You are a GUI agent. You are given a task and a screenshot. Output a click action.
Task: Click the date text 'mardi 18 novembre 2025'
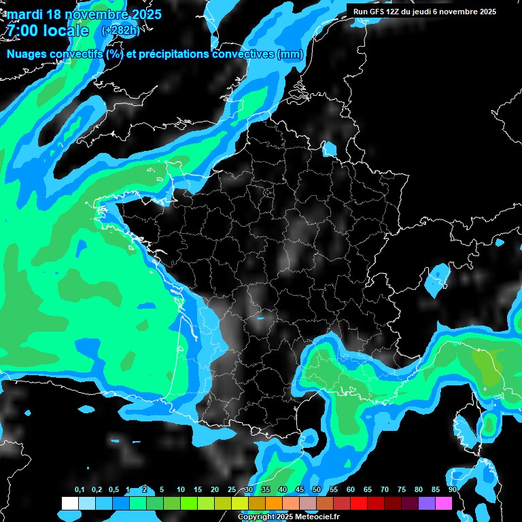click(x=84, y=14)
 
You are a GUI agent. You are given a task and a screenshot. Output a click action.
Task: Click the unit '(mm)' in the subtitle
click(x=290, y=54)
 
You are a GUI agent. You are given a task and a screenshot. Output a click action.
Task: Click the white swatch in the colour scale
click(x=70, y=503)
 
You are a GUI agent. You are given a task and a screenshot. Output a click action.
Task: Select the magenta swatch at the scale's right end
click(x=444, y=503)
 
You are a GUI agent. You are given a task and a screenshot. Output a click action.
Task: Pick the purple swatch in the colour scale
click(x=427, y=503)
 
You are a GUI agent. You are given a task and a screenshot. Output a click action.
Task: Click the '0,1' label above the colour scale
click(x=80, y=489)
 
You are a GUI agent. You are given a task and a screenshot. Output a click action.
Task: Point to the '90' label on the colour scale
click(x=453, y=489)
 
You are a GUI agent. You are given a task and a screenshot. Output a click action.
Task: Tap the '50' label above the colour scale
click(x=317, y=489)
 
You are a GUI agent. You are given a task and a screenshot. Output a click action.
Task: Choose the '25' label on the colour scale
click(x=232, y=489)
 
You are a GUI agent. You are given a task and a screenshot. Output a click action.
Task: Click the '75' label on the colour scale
click(x=402, y=489)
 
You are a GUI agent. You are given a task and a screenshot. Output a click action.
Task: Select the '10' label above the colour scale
click(x=181, y=489)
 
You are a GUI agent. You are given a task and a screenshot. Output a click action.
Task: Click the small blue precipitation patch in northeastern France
click(x=330, y=149)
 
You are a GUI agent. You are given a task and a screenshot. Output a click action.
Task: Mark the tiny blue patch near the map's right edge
click(x=500, y=242)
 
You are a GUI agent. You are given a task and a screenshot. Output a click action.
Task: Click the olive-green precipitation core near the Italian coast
click(x=488, y=368)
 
